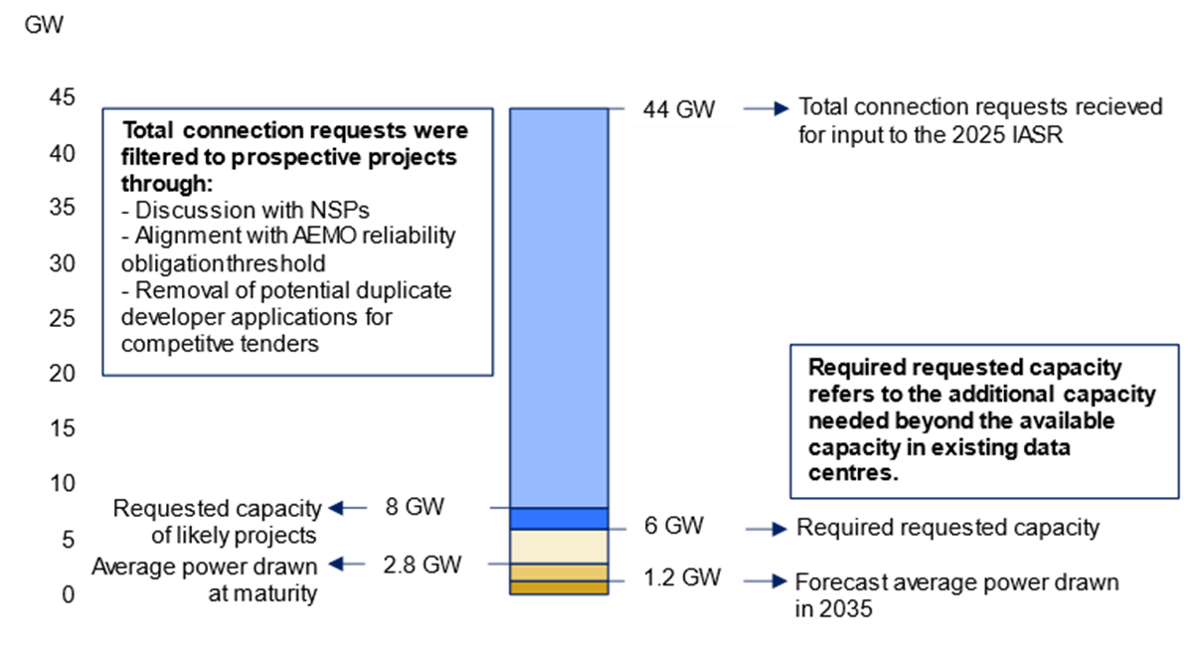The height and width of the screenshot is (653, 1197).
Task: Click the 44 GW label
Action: coord(683,107)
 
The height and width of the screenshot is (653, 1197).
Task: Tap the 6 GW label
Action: coord(683,525)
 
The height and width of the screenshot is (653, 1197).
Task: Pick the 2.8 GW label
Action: coord(427,564)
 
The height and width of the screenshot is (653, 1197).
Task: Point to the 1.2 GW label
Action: coord(683,576)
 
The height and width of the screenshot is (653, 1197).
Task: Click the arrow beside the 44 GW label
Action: coord(768,108)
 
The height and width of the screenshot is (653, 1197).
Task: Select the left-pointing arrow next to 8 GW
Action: coord(346,508)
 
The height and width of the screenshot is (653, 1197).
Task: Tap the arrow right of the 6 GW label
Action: coord(768,530)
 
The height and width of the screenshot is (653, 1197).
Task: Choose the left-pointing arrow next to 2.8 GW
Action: coord(346,565)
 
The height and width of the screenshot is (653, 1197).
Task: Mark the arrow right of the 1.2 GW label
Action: coord(768,580)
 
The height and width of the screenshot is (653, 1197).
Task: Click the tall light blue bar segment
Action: coord(559,308)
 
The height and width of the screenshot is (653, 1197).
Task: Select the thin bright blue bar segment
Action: coord(559,519)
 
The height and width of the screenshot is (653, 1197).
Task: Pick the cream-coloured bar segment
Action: coord(559,547)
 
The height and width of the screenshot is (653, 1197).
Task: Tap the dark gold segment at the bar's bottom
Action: coord(559,587)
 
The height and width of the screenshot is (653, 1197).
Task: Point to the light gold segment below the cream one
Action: coord(559,572)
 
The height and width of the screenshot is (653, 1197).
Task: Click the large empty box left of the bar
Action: coord(297,242)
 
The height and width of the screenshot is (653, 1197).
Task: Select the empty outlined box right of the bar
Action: coord(984,421)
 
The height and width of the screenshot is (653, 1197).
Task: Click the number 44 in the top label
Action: coord(656,108)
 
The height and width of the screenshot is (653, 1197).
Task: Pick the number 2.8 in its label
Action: coord(401,565)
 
